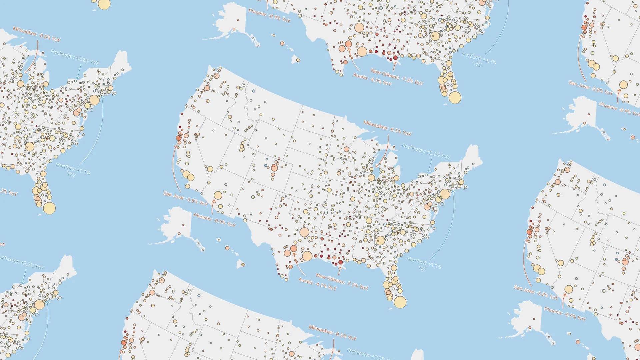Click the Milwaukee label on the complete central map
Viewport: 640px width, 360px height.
[x=387, y=128]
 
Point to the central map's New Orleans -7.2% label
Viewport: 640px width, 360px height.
[x=342, y=282]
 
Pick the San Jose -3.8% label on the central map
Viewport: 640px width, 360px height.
[x=185, y=198]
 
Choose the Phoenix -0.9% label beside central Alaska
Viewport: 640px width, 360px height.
[x=215, y=220]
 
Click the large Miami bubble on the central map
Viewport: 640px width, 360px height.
[x=400, y=302]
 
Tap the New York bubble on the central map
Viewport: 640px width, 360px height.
[x=445, y=194]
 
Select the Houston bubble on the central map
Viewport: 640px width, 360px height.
[x=307, y=256]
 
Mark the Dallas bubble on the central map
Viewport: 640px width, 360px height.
[x=304, y=232]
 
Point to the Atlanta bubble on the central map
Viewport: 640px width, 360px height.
[x=380, y=240]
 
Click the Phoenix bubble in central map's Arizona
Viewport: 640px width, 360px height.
[x=218, y=195]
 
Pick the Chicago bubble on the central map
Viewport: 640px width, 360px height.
[x=371, y=178]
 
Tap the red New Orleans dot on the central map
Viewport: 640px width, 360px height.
[x=340, y=262]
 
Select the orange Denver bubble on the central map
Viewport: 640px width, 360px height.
[x=274, y=168]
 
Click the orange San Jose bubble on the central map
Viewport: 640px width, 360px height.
[x=179, y=138]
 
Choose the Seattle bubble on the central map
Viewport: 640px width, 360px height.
[x=216, y=76]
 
